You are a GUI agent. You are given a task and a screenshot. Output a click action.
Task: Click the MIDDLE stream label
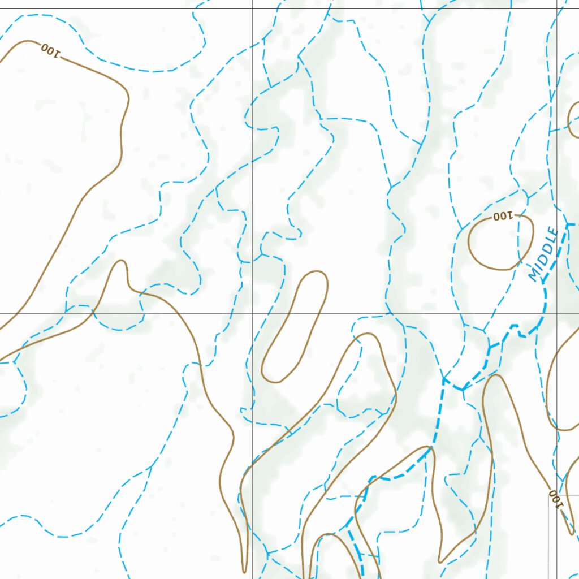[543, 254]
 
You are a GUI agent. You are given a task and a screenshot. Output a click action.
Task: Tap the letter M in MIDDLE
[534, 275]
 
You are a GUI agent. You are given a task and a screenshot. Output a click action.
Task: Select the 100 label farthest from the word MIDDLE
[50, 50]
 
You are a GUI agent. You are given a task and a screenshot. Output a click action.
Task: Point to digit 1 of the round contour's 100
[509, 215]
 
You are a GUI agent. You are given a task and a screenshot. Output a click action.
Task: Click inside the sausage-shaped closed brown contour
[294, 328]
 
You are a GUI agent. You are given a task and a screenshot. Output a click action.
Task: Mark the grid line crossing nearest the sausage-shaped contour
[252, 313]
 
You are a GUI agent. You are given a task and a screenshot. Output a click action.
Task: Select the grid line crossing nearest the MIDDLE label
[557, 313]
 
